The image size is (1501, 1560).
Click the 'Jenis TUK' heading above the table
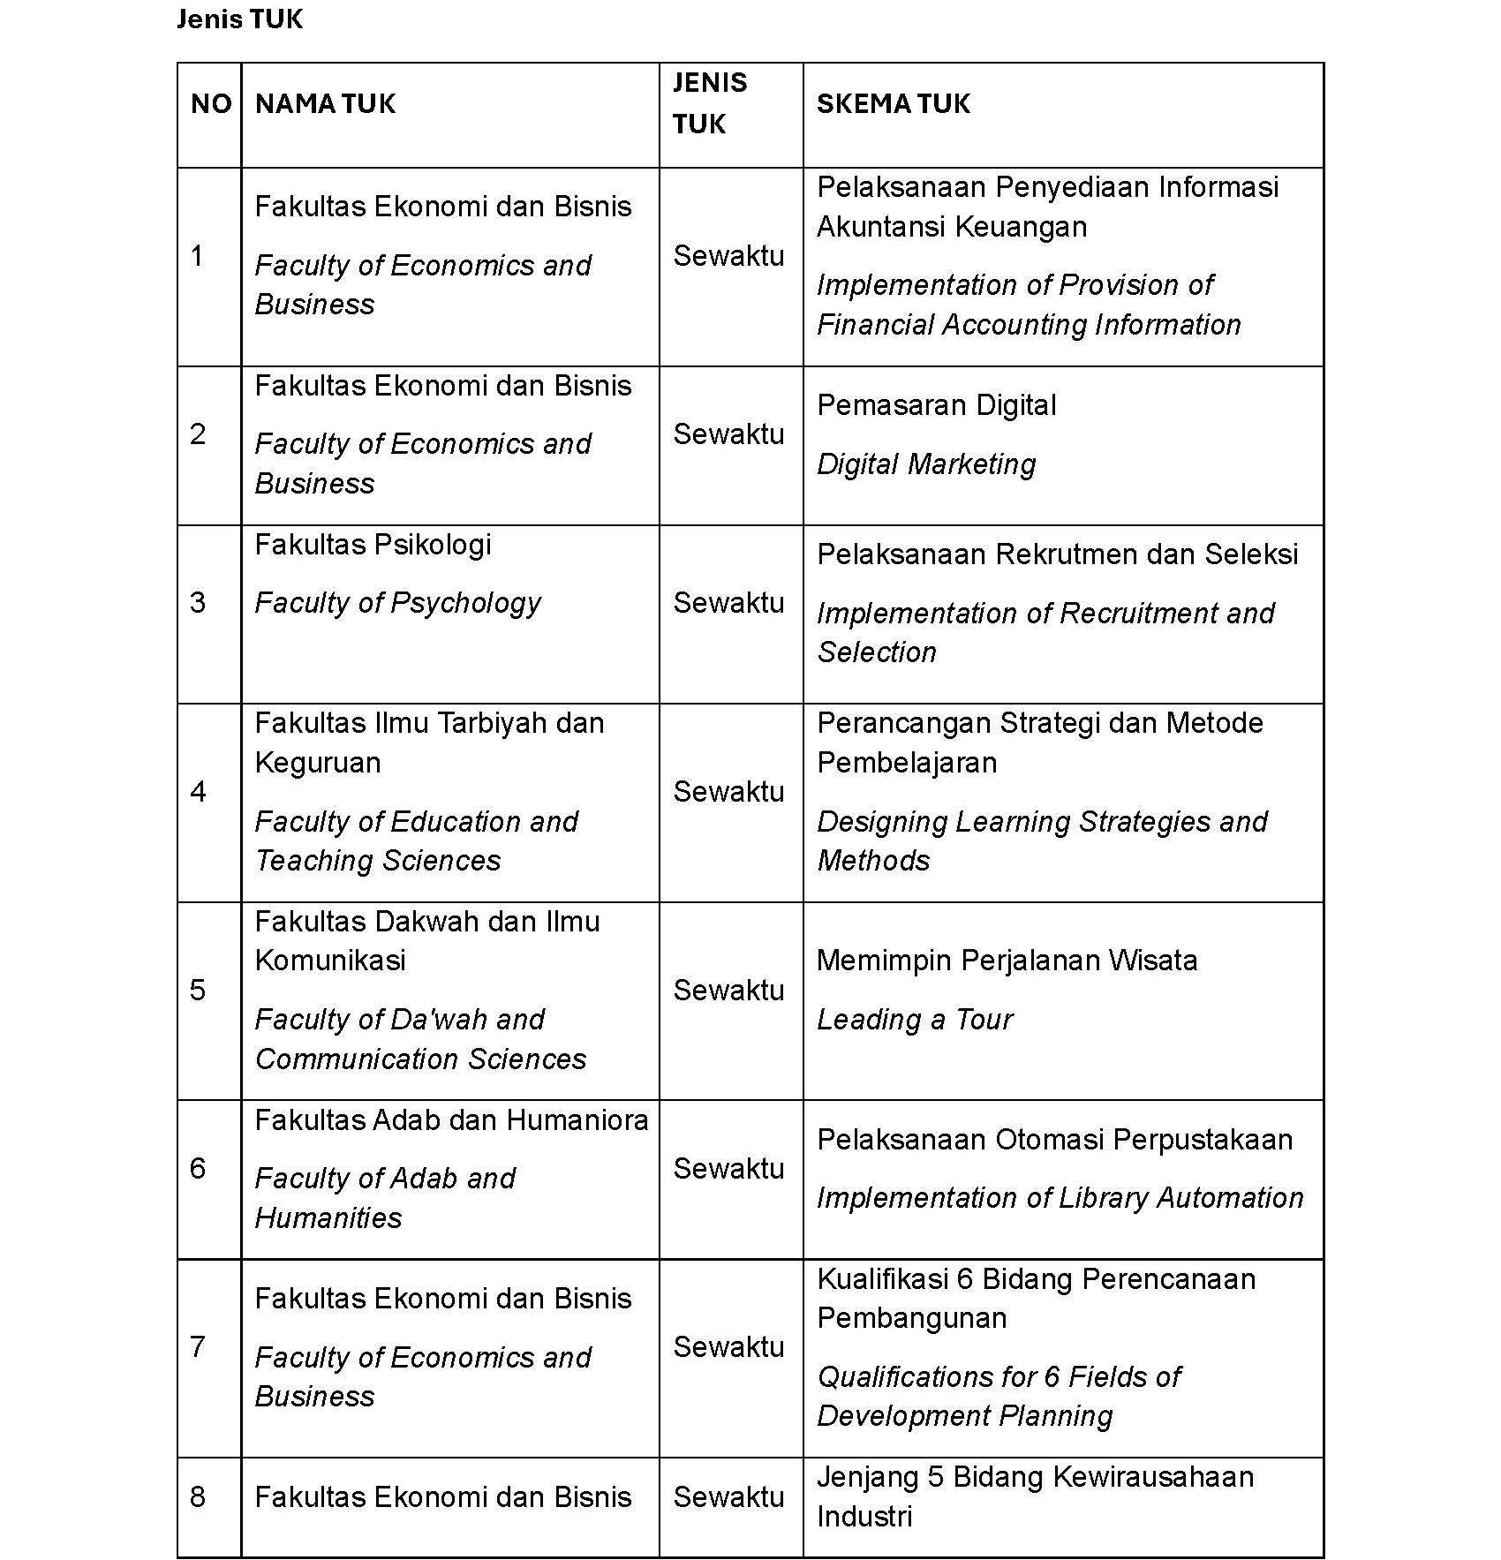239,19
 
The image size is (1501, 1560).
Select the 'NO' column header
210,104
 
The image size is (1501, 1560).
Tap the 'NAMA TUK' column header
325,104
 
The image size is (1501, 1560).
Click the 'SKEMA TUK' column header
893,104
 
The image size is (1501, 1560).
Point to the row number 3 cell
198,603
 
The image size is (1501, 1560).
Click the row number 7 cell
198,1346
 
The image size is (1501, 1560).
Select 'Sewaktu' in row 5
728,991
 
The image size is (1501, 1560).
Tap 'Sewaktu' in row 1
728,256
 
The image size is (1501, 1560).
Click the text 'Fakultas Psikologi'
373,545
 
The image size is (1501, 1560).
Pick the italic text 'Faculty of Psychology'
397,603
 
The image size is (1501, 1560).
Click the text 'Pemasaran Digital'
936,405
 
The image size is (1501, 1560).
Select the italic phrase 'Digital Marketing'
926,464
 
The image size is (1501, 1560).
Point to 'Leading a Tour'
915,1020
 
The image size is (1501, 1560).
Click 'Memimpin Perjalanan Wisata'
1007,961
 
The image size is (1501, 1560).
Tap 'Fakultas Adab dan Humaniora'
451,1120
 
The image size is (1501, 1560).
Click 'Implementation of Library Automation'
1060,1198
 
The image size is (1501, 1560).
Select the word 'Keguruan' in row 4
318,763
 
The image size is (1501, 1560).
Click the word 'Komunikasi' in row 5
330,961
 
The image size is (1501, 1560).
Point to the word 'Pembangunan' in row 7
911,1318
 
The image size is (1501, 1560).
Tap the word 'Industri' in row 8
864,1517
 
